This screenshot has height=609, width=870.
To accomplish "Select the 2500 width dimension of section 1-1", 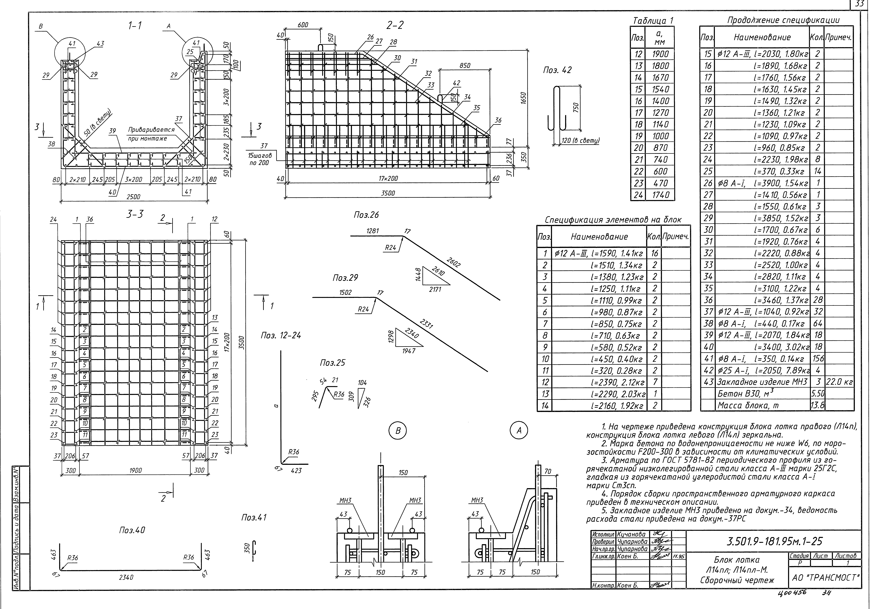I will pyautogui.click(x=133, y=197).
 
